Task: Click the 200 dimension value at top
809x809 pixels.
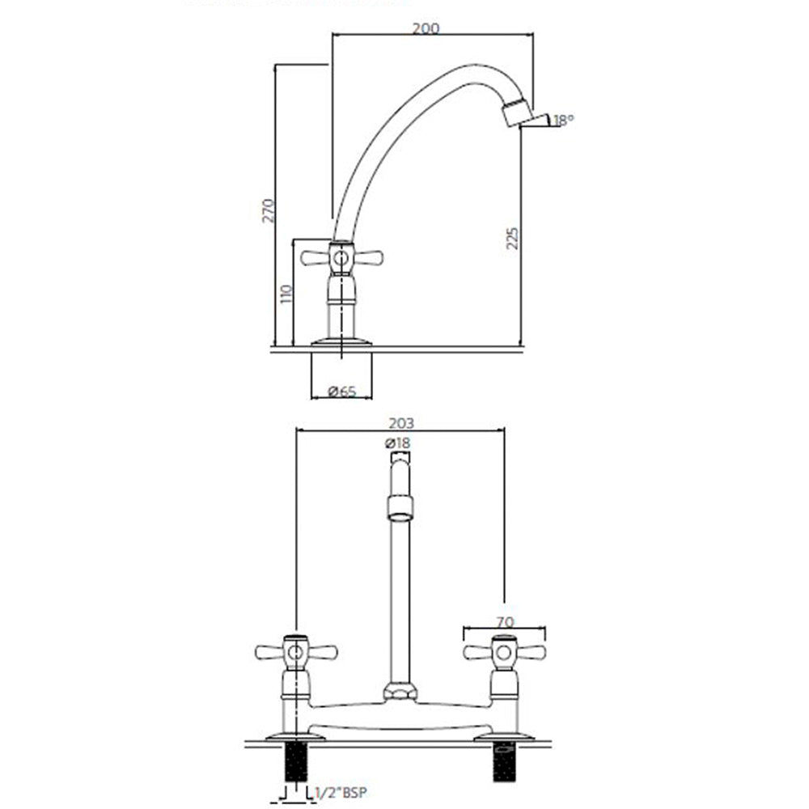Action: [426, 28]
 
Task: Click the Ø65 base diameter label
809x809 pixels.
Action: [342, 392]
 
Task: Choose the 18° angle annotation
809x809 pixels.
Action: [563, 120]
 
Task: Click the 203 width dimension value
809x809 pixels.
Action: [400, 423]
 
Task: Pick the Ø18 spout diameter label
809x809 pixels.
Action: [398, 443]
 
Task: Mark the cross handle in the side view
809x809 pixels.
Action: [341, 259]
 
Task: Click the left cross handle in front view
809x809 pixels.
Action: [295, 652]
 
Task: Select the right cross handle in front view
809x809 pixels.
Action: [503, 652]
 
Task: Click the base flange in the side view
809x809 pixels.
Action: [341, 341]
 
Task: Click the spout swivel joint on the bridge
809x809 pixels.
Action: [399, 692]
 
